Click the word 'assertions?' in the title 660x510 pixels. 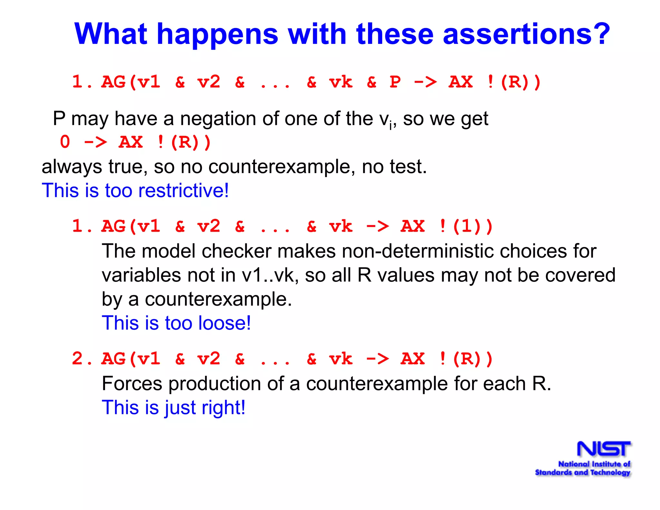(x=526, y=34)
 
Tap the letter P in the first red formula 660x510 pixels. (x=395, y=82)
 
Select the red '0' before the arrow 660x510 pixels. (x=65, y=142)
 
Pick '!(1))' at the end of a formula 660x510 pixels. (x=466, y=226)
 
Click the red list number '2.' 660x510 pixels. (x=82, y=358)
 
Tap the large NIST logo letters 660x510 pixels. (x=603, y=449)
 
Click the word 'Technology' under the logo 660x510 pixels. (x=610, y=473)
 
